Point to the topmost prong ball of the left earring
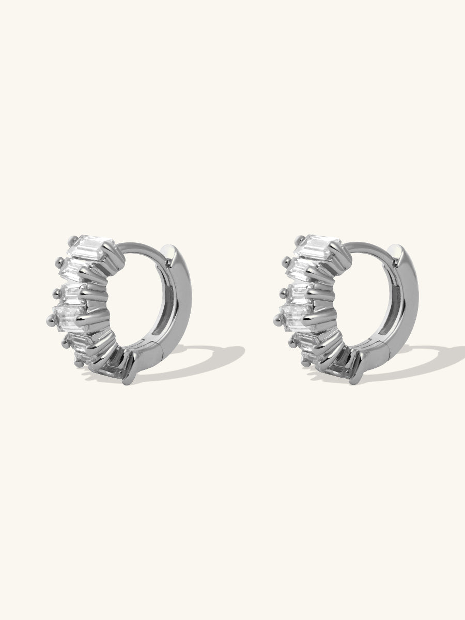click(x=70, y=239)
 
